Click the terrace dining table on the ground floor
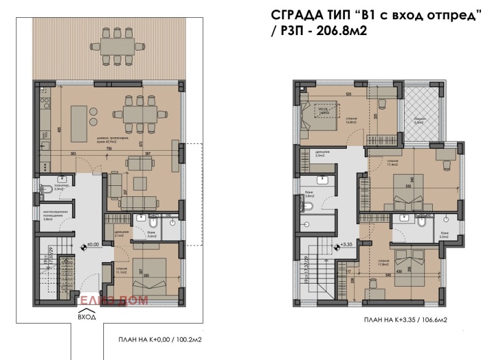(x=116, y=45)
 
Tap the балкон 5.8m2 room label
(x=422, y=121)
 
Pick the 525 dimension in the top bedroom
(x=348, y=94)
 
